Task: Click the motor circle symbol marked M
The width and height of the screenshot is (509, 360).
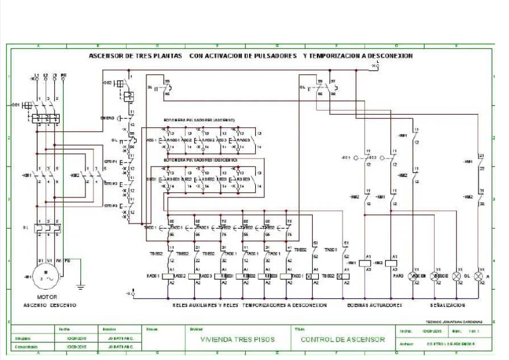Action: click(x=44, y=274)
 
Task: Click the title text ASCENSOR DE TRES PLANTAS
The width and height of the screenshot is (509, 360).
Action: click(x=135, y=56)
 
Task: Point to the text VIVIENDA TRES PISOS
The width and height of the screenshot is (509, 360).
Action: click(x=236, y=339)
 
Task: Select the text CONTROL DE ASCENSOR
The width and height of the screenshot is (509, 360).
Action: click(x=343, y=339)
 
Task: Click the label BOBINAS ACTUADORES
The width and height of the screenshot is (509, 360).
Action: click(x=374, y=306)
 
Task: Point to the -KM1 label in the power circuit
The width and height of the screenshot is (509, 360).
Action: click(x=27, y=176)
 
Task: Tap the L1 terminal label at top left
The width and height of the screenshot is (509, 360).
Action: click(x=36, y=76)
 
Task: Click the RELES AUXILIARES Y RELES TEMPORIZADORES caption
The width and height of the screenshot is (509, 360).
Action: click(x=249, y=306)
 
